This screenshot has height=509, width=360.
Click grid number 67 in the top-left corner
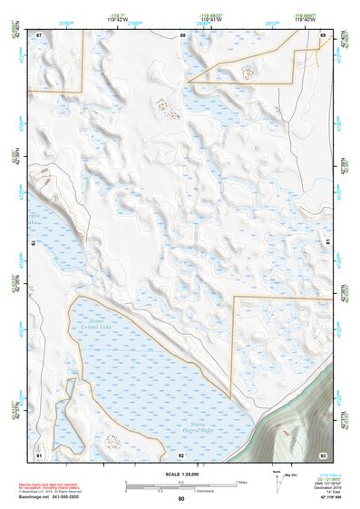(x=39, y=34)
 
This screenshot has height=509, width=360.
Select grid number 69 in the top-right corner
(x=323, y=34)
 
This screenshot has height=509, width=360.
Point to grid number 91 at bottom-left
(x=39, y=453)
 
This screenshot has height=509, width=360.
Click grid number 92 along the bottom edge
(x=181, y=454)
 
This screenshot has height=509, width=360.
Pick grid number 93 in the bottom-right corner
(x=323, y=453)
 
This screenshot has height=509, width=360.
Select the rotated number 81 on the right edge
(x=327, y=244)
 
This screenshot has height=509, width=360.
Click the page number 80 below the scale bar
(x=181, y=499)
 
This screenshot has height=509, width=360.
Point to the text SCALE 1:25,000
(x=181, y=473)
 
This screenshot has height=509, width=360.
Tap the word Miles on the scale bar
(x=240, y=481)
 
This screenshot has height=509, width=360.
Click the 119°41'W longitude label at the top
(x=210, y=17)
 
